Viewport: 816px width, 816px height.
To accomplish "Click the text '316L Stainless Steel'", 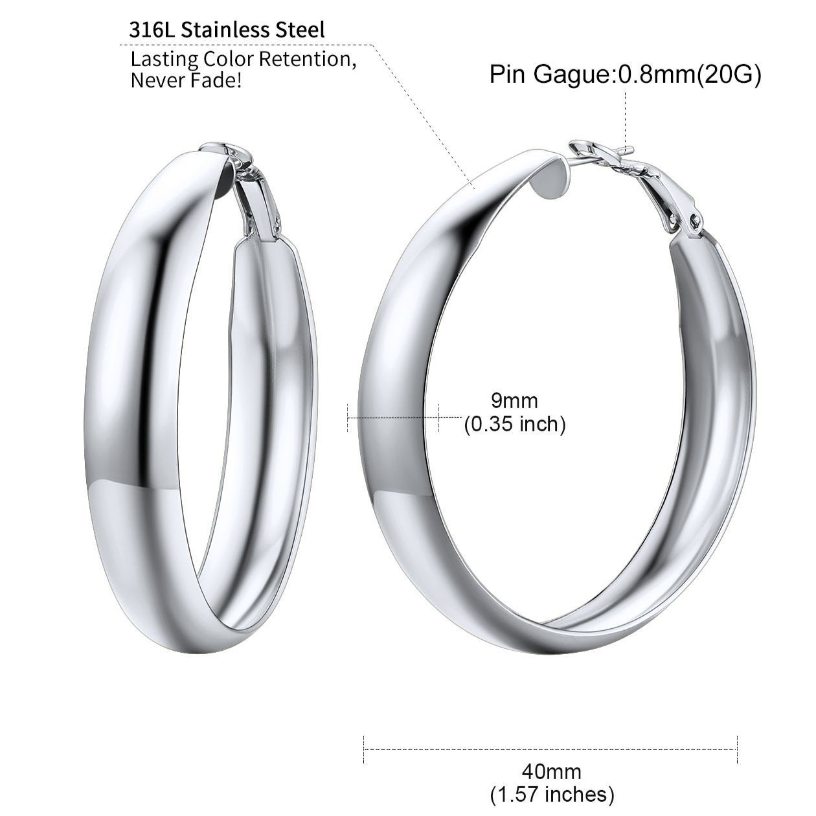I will pyautogui.click(x=227, y=30).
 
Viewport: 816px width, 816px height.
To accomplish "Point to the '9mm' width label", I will pyautogui.click(x=514, y=401).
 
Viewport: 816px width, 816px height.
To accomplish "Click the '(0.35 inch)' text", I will pyautogui.click(x=515, y=424).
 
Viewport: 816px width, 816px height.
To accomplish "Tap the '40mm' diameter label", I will pyautogui.click(x=551, y=771).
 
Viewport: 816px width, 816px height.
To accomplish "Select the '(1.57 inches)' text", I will pyautogui.click(x=551, y=793).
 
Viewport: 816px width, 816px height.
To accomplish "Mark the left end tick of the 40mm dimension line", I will pyautogui.click(x=365, y=750).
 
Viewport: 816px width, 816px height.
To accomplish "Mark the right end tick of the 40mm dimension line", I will pyautogui.click(x=738, y=750).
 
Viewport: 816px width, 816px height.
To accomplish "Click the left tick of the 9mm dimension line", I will pyautogui.click(x=348, y=417).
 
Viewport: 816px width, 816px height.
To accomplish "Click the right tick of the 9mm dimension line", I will pyautogui.click(x=438, y=417).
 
